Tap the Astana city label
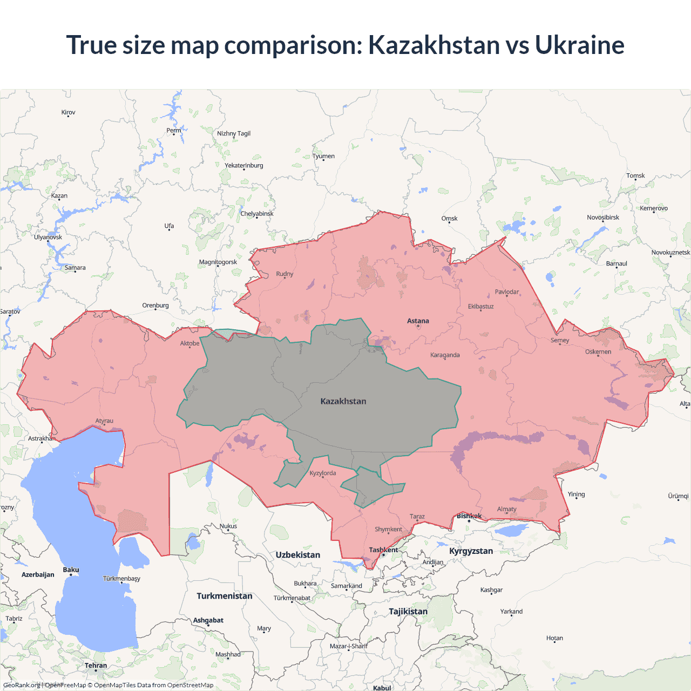418,321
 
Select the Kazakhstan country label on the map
343,401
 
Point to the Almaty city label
506,509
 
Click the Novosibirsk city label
603,218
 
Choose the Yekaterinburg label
244,166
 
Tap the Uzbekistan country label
297,555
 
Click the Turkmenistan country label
225,596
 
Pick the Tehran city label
96,666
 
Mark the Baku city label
71,570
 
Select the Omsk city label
449,219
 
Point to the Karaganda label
445,355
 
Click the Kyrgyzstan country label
471,551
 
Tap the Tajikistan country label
408,612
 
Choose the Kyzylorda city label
323,473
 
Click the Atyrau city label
104,421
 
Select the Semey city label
560,341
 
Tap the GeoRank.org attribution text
22,685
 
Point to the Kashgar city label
491,590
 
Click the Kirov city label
68,112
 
